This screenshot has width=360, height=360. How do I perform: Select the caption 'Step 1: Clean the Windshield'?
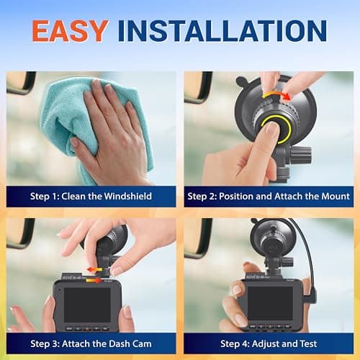pyautogui.click(x=91, y=196)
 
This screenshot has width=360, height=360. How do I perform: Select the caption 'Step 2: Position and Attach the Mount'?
pyautogui.click(x=268, y=196)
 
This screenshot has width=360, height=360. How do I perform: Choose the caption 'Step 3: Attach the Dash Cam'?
pyautogui.click(x=91, y=343)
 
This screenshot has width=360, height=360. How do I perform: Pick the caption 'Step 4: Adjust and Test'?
pyautogui.click(x=268, y=343)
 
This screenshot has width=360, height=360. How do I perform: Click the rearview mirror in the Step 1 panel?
pyautogui.click(x=20, y=82)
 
